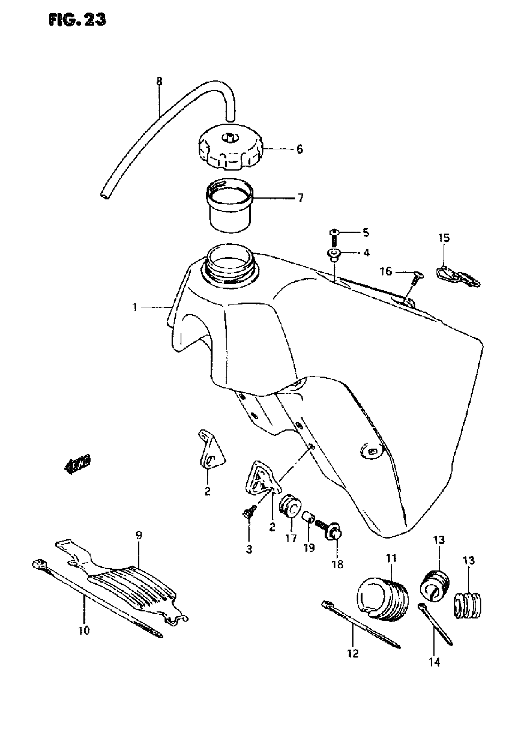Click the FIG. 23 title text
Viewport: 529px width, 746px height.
coord(77,20)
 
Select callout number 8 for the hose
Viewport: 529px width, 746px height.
coord(159,82)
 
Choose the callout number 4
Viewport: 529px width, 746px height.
coord(366,253)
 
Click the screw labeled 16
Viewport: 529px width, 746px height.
coord(416,277)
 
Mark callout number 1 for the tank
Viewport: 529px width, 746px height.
coord(134,307)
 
